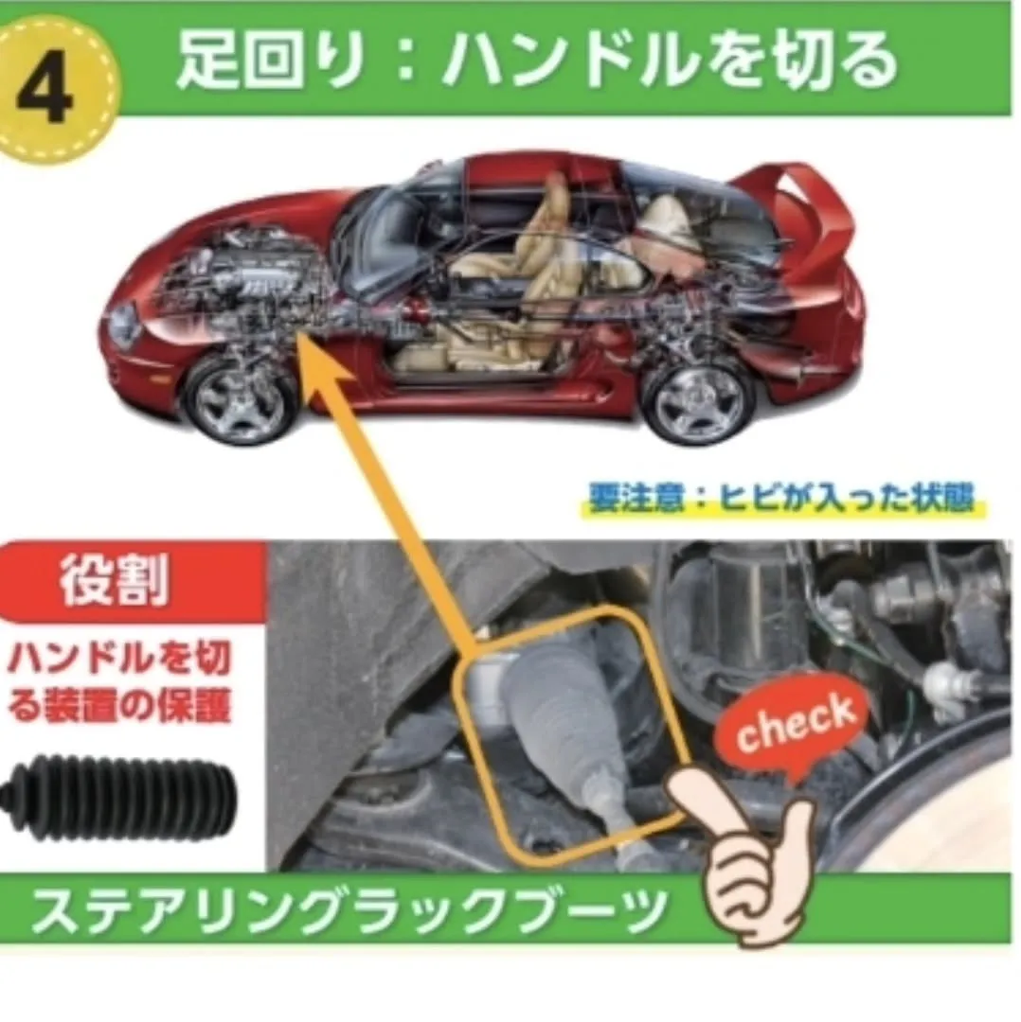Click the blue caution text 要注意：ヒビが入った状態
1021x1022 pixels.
pos(780,498)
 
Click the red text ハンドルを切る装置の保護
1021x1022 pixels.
pos(120,680)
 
